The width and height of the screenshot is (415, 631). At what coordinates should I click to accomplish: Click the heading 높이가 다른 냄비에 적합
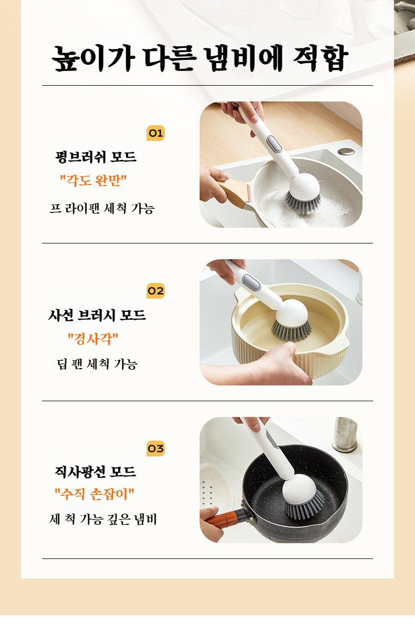coord(200,59)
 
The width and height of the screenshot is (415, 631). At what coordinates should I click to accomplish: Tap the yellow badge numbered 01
coord(155,133)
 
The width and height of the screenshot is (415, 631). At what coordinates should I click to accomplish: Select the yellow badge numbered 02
coord(155,291)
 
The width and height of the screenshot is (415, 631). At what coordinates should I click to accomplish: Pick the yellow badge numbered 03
coord(155,449)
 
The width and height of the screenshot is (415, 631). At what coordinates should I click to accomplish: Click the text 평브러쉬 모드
coord(96,157)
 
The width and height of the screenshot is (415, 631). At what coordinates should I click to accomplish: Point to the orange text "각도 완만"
coord(94,181)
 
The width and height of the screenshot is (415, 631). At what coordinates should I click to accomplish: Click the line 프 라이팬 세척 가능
coord(102,208)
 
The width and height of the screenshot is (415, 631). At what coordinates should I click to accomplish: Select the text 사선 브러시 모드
coord(97,315)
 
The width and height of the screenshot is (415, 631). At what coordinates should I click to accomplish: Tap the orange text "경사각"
coord(93,339)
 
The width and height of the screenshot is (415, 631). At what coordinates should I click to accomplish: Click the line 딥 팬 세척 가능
coord(97,364)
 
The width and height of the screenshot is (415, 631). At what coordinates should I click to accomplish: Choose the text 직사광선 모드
coord(96,472)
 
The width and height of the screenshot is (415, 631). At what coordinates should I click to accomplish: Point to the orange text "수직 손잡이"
coord(95,494)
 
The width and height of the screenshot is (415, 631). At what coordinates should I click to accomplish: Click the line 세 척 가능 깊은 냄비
coord(103,520)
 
